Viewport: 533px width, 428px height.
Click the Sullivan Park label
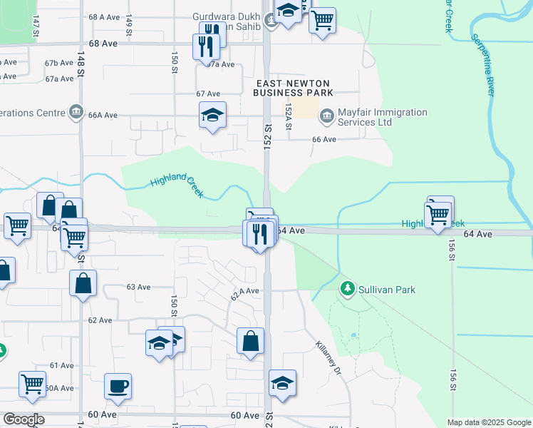(x=387, y=290)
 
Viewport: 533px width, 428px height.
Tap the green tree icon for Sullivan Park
(x=348, y=290)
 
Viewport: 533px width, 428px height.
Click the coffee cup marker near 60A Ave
(x=118, y=387)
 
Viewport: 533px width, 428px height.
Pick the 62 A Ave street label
(x=244, y=292)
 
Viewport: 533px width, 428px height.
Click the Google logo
(x=24, y=419)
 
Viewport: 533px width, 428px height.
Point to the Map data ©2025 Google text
(x=489, y=422)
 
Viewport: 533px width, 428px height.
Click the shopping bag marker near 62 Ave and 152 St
(x=251, y=342)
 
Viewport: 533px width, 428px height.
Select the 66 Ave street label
(x=324, y=139)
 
